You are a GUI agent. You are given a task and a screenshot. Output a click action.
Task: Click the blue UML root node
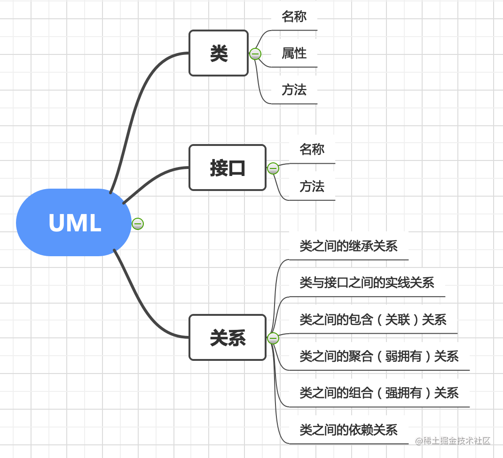pyautogui.click(x=74, y=222)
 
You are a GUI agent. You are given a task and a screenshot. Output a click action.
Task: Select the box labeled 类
pyautogui.click(x=219, y=53)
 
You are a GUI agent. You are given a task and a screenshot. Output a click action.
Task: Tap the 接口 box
pyautogui.click(x=228, y=168)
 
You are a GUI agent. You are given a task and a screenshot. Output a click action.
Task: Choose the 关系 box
pyautogui.click(x=228, y=337)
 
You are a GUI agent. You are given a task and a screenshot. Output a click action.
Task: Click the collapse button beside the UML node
pyautogui.click(x=138, y=224)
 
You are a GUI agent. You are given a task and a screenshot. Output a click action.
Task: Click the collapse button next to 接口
pyautogui.click(x=273, y=168)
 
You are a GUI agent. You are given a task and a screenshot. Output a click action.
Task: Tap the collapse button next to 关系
pyautogui.click(x=273, y=338)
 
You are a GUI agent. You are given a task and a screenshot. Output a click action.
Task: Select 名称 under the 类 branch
pyautogui.click(x=294, y=16)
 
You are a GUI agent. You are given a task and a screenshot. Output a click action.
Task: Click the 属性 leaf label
pyautogui.click(x=294, y=53)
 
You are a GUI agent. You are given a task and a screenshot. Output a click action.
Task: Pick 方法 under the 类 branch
pyautogui.click(x=294, y=90)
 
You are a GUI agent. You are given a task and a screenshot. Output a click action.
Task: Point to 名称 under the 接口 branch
pyautogui.click(x=312, y=149)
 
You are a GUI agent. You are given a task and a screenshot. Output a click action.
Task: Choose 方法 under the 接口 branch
pyautogui.click(x=312, y=186)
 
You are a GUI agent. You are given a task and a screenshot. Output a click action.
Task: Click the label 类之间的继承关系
pyautogui.click(x=348, y=245)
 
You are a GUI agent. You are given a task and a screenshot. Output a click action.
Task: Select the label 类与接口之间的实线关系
pyautogui.click(x=367, y=282)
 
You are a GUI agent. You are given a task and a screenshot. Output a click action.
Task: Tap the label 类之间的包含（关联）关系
pyautogui.click(x=373, y=320)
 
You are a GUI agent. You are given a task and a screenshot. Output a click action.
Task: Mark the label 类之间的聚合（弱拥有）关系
pyautogui.click(x=379, y=356)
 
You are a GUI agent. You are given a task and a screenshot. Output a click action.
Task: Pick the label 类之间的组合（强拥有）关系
pyautogui.click(x=379, y=393)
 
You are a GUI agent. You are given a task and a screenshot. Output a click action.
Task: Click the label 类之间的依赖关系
pyautogui.click(x=348, y=429)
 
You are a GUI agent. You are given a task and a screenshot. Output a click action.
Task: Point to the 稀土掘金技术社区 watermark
pyautogui.click(x=453, y=441)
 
